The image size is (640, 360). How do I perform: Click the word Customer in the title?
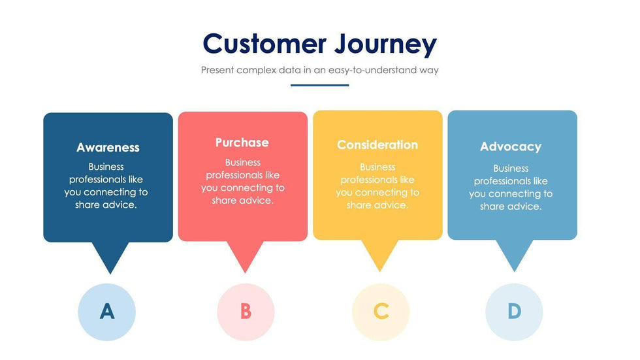[x=264, y=44]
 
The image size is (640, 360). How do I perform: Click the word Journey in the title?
[x=385, y=44]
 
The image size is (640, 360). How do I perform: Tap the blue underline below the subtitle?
[x=319, y=85]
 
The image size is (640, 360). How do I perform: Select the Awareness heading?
[x=108, y=148]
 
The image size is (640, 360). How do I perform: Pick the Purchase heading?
[x=242, y=142]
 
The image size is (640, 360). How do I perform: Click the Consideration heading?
[x=377, y=145]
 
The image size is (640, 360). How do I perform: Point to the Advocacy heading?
[x=511, y=147]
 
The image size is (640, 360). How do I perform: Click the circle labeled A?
[x=106, y=312]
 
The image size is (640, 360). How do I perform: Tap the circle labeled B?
[x=246, y=312]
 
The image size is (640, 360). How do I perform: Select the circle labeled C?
[x=381, y=312]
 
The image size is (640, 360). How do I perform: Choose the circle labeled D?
[x=514, y=312]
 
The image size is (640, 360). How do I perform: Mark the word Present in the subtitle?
[x=218, y=70]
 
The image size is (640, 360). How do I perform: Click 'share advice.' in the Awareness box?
[x=106, y=205]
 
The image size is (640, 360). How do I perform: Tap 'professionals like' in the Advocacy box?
[x=511, y=181]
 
